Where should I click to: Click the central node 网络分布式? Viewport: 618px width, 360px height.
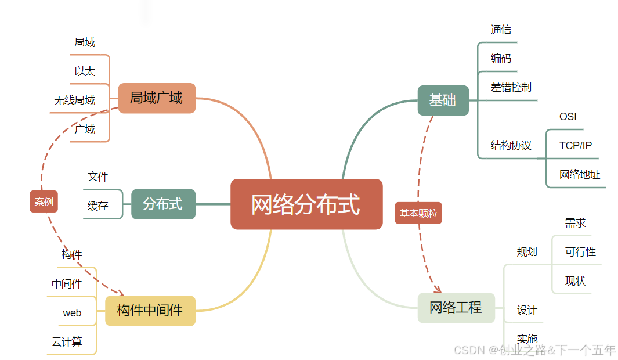click(x=306, y=204)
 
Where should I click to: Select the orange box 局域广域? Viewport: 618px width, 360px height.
click(x=157, y=98)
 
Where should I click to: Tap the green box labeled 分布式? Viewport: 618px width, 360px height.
click(x=163, y=204)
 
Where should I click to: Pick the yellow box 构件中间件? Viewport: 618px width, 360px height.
click(x=150, y=311)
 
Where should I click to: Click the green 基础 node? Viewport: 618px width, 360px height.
click(x=443, y=100)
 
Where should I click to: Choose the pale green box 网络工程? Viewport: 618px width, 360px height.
click(x=456, y=308)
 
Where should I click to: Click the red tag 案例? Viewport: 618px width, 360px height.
click(x=44, y=201)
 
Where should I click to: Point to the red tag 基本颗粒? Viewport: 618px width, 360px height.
click(x=418, y=213)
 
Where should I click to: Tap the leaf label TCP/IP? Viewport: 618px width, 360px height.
click(x=576, y=146)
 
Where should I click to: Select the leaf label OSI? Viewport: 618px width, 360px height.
click(x=568, y=117)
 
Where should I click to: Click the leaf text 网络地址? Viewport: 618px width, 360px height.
click(x=580, y=175)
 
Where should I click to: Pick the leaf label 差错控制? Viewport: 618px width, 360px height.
click(x=511, y=88)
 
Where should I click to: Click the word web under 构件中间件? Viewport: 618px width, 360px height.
click(x=72, y=313)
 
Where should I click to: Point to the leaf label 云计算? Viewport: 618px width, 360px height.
click(x=67, y=342)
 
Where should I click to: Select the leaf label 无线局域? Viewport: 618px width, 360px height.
click(x=75, y=100)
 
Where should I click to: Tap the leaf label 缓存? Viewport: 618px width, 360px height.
click(x=97, y=206)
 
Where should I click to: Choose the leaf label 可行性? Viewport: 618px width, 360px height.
click(x=580, y=252)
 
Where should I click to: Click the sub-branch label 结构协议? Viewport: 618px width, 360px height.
click(x=511, y=146)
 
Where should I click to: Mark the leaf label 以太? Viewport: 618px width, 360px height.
click(x=85, y=71)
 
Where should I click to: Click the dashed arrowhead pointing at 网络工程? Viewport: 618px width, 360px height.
click(x=438, y=289)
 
